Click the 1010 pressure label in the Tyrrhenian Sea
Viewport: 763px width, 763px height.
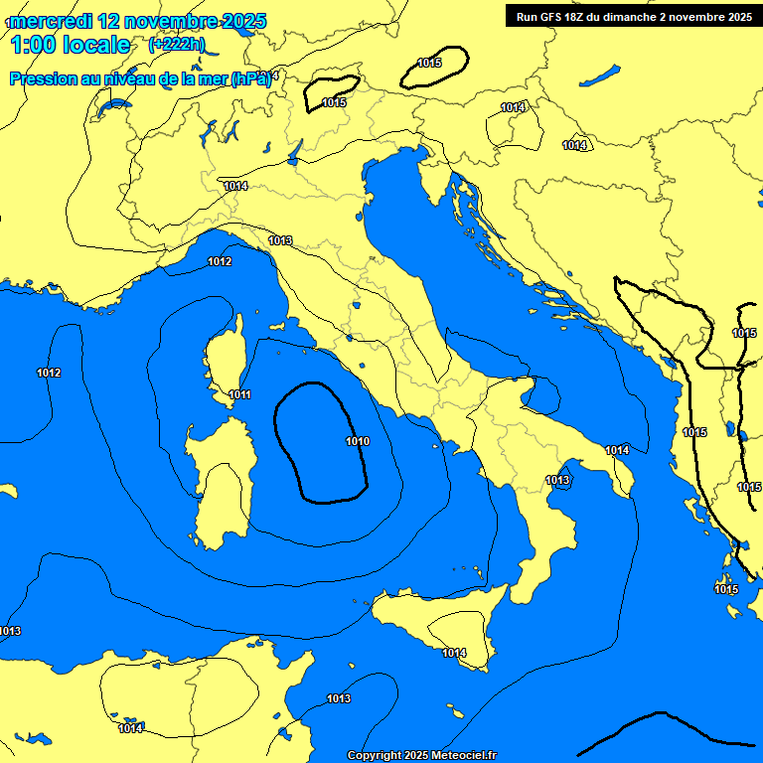click(358, 441)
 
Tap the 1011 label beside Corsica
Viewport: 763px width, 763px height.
click(239, 394)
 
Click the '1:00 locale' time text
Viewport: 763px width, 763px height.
click(71, 45)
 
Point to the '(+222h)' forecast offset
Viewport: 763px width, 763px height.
click(177, 45)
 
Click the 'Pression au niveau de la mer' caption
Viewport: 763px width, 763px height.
click(139, 79)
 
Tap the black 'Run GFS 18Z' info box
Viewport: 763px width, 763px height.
click(634, 17)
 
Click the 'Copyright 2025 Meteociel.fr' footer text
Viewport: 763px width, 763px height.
click(421, 755)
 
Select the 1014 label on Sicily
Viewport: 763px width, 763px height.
click(454, 653)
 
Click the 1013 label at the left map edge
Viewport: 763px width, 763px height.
click(10, 631)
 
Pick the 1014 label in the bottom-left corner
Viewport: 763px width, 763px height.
click(130, 728)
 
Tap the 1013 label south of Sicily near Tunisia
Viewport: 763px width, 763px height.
click(339, 698)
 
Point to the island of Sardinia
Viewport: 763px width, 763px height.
click(221, 482)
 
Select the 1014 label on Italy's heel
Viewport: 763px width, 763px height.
click(617, 450)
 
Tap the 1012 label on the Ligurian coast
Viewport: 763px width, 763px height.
click(220, 261)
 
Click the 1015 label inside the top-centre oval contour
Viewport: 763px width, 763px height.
click(429, 63)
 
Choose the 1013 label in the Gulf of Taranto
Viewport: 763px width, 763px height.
click(557, 480)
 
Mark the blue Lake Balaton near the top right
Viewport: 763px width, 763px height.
click(600, 76)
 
